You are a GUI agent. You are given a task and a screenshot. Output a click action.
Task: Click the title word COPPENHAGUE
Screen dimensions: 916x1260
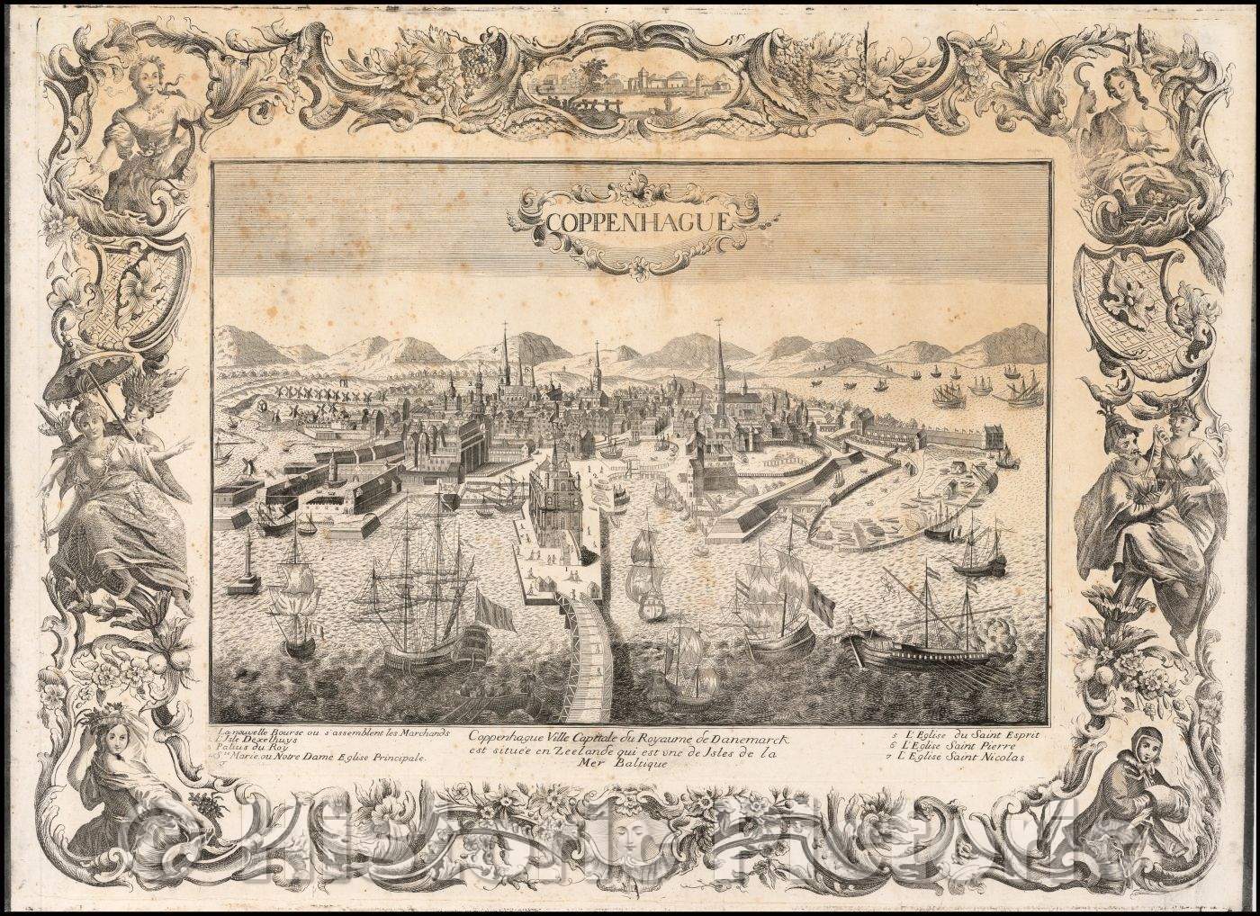click(x=633, y=220)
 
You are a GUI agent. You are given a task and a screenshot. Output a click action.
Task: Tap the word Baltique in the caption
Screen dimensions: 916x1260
click(x=630, y=764)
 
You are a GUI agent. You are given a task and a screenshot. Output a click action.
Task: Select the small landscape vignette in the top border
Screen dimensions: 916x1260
click(x=629, y=85)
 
